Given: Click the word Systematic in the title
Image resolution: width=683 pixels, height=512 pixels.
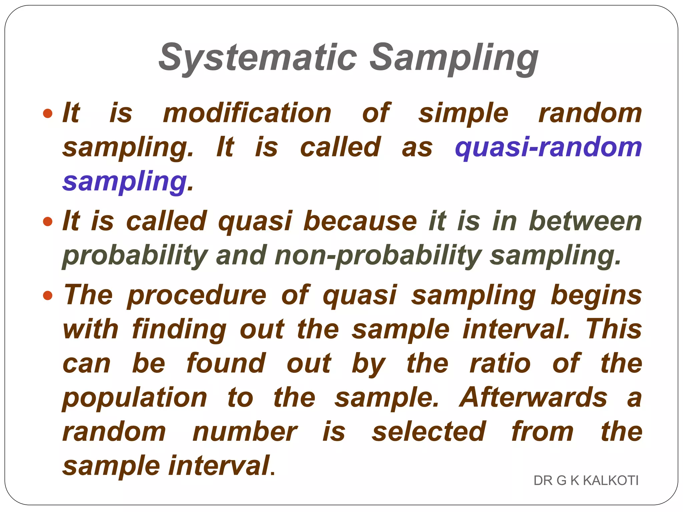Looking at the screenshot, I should click(x=257, y=57).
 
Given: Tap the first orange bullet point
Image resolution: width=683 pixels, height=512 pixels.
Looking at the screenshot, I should click(x=48, y=113).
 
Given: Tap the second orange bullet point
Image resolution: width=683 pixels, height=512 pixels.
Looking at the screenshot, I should click(x=48, y=221).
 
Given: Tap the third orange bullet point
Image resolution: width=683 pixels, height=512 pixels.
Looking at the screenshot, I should click(x=48, y=295).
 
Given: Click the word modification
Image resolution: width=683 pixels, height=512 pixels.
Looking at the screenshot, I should click(x=247, y=113).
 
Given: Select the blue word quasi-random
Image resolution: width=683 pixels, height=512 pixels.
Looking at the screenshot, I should click(x=548, y=147).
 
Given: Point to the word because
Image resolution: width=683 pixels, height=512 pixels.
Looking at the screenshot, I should click(x=360, y=221).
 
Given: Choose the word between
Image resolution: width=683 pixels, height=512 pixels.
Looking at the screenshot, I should click(x=585, y=221).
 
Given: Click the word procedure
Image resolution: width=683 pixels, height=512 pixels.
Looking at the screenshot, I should click(x=197, y=296).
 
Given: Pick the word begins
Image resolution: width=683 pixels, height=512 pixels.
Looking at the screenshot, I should click(x=596, y=296).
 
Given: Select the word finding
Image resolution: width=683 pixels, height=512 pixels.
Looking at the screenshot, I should click(x=179, y=330).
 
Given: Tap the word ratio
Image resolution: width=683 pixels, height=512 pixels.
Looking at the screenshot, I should click(x=500, y=363).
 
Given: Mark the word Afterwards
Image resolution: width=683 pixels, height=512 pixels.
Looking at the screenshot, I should click(x=533, y=397).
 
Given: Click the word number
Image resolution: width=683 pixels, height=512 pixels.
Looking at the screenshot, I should click(x=244, y=432).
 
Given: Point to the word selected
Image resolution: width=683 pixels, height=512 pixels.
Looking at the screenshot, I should click(x=429, y=432).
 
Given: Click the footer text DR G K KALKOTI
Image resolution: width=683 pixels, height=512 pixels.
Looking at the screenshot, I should click(x=586, y=481).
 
